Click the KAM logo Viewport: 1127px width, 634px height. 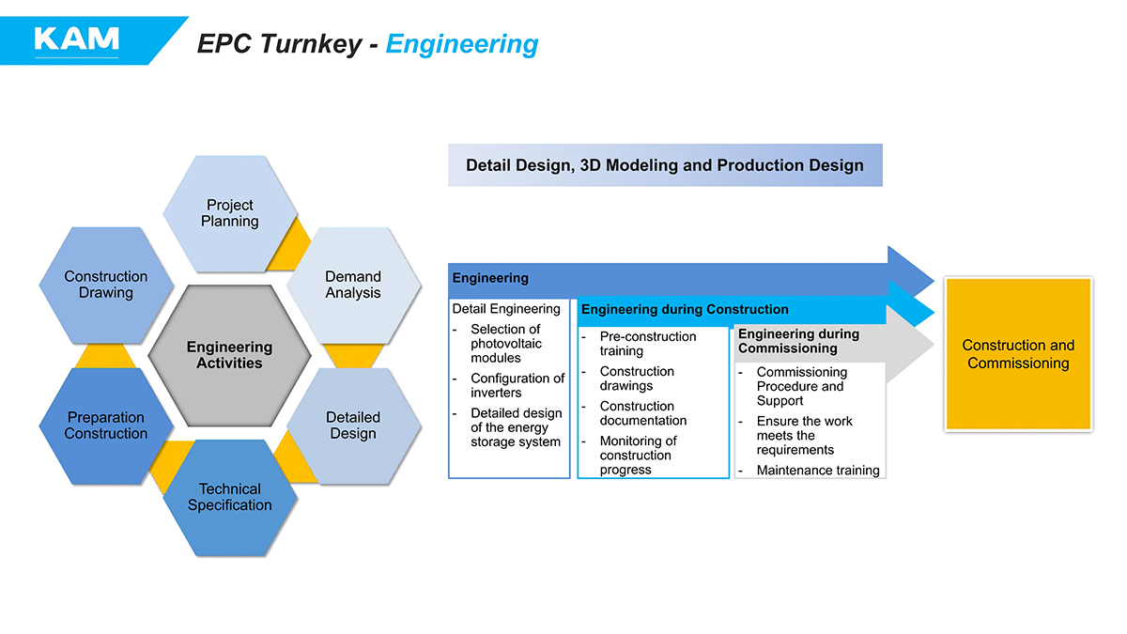click(76, 39)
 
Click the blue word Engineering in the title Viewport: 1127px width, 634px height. click(462, 44)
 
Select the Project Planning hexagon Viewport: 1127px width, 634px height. click(230, 213)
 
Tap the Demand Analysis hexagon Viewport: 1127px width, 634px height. click(353, 285)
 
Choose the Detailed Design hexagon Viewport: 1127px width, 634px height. click(353, 425)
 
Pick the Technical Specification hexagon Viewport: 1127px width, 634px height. click(230, 497)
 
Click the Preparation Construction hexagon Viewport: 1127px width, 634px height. click(106, 425)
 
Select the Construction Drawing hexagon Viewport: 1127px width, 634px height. click(106, 285)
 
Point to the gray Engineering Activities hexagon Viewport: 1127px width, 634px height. click(229, 355)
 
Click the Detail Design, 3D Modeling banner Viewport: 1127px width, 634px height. click(665, 165)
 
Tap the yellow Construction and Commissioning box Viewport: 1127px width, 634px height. click(1018, 354)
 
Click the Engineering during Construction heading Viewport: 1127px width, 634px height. click(685, 309)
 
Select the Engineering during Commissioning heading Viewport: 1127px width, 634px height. click(798, 341)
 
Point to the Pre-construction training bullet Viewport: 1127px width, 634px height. click(648, 344)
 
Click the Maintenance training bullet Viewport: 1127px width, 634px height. click(818, 470)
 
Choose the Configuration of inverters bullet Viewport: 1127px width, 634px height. click(517, 385)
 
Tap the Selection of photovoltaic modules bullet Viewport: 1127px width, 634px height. click(505, 343)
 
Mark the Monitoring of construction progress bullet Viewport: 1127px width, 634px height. click(638, 455)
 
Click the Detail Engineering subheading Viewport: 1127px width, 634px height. click(506, 309)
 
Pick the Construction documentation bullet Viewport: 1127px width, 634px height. click(642, 413)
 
